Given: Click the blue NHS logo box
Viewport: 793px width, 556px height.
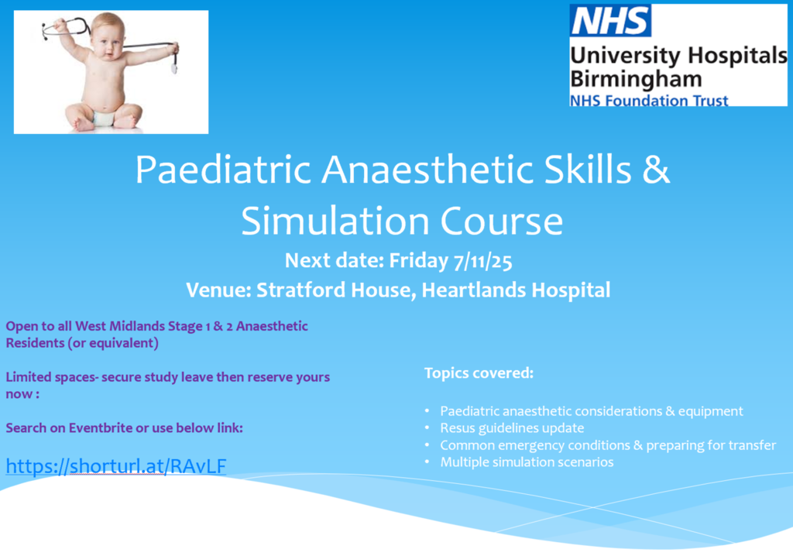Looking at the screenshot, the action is point(610,20).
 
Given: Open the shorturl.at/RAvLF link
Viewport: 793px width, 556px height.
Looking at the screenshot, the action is point(116,466).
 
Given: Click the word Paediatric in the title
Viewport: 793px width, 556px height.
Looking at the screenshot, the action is point(222,170).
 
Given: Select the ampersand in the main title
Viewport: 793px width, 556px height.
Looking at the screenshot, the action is point(657,170).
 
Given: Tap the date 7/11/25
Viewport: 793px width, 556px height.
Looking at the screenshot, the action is point(482,261).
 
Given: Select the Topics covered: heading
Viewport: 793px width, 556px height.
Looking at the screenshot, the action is point(479,372).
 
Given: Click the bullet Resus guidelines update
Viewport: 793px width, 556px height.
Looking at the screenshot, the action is point(512,428).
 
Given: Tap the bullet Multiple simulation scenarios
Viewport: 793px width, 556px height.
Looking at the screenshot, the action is point(527,462).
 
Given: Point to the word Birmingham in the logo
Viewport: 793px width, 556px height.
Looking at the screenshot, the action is point(636,79).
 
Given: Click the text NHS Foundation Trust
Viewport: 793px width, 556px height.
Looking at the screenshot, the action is point(649,100).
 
